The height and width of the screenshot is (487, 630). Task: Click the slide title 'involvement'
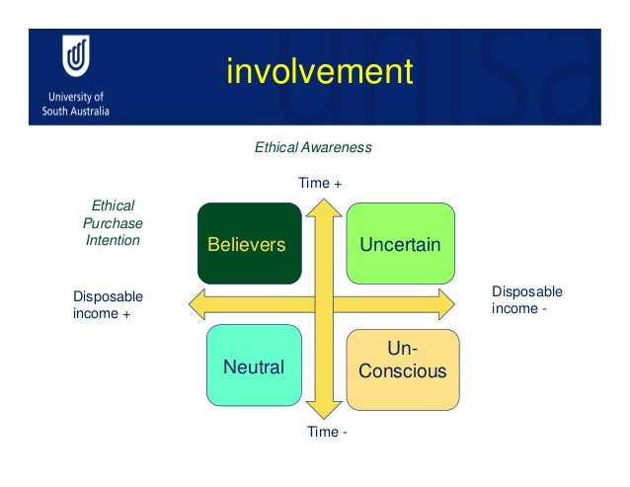pos(317,71)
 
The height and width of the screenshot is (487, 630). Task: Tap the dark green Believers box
pos(249,243)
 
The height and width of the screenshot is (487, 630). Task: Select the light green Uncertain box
pos(400,243)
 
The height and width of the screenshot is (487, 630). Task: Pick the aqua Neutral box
pos(254,367)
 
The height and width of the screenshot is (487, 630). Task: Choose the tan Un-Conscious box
pos(402,368)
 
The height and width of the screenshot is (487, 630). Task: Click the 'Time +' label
pos(320,183)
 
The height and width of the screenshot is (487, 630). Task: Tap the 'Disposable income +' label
pos(108,305)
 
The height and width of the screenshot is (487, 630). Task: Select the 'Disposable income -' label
pos(526,300)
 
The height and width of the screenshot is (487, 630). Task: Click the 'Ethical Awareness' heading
pos(313,147)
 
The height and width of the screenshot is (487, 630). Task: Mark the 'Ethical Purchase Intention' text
pos(112,223)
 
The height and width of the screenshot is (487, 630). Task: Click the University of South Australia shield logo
pos(76,58)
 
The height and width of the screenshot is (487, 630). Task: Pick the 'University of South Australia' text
pos(75,104)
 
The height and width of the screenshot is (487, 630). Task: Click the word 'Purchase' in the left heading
pos(112,223)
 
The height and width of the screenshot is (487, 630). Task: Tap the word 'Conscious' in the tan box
pos(402,372)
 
